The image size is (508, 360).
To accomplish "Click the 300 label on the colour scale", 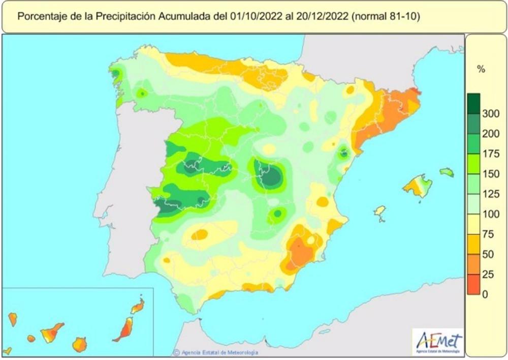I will point(491,113).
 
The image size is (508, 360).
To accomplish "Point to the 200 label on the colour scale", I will point(491,134).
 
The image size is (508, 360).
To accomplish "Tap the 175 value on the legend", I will point(491,154).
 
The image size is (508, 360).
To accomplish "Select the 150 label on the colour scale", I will point(491,174).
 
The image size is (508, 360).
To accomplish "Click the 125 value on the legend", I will point(491,194).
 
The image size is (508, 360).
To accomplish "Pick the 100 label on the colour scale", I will point(491,214).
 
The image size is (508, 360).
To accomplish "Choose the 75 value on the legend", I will point(488,234).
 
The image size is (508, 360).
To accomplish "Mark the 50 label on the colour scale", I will point(488,254).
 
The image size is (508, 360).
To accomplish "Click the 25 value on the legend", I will point(488,274).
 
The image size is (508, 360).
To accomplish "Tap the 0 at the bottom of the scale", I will point(486,294).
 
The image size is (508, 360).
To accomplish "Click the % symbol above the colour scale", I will point(481,70).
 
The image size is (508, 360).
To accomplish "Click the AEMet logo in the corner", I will point(438,341).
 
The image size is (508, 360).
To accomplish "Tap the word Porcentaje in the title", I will point(40,16).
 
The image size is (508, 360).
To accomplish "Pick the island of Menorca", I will point(447,172).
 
